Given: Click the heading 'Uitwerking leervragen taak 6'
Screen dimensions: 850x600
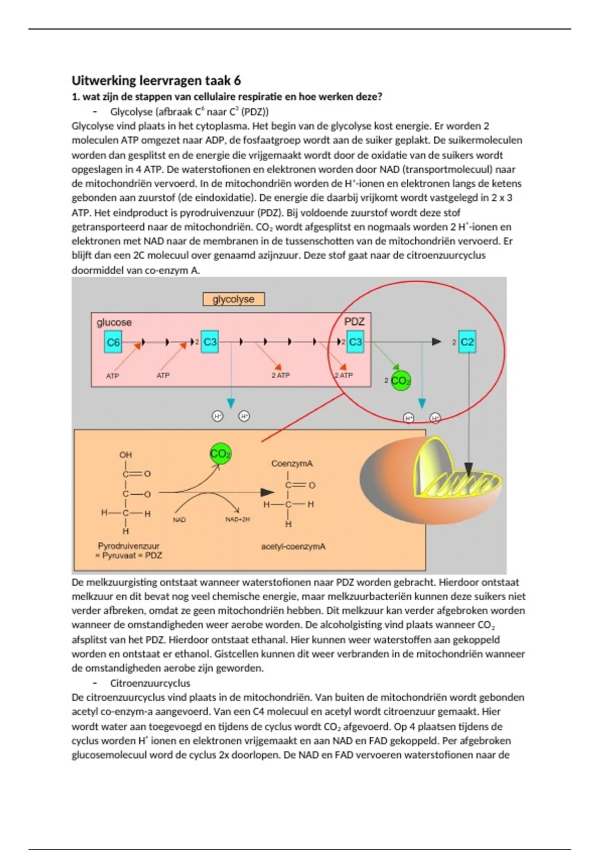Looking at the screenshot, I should (156, 80).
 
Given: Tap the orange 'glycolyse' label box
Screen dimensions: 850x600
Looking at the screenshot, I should (233, 299).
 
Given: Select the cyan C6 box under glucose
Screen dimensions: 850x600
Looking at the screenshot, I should (113, 342).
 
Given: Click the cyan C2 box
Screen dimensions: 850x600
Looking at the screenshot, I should (467, 342).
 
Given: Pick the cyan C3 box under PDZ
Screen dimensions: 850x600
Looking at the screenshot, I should (355, 342).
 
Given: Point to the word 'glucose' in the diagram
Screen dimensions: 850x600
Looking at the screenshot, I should (114, 322).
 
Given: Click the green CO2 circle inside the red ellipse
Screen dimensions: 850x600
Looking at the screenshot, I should (400, 381).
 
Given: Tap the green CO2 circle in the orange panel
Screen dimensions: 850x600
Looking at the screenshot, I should (220, 454).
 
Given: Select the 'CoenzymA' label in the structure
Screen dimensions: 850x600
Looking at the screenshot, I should (292, 463).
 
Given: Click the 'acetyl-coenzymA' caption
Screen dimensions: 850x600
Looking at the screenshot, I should (293, 546).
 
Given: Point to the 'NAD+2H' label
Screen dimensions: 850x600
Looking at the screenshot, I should (237, 519).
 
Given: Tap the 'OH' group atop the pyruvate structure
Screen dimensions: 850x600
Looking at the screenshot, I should (125, 454).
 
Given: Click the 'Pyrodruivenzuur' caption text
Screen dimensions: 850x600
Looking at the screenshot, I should (128, 546).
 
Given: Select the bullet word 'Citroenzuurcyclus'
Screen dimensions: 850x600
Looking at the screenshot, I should (150, 683).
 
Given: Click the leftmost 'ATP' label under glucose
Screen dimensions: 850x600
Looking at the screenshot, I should (112, 375).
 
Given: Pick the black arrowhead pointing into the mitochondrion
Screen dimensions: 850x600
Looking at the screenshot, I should (468, 469).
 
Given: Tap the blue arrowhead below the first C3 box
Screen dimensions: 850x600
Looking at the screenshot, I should (230, 403).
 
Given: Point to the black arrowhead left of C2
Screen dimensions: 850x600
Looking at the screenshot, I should (436, 342).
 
